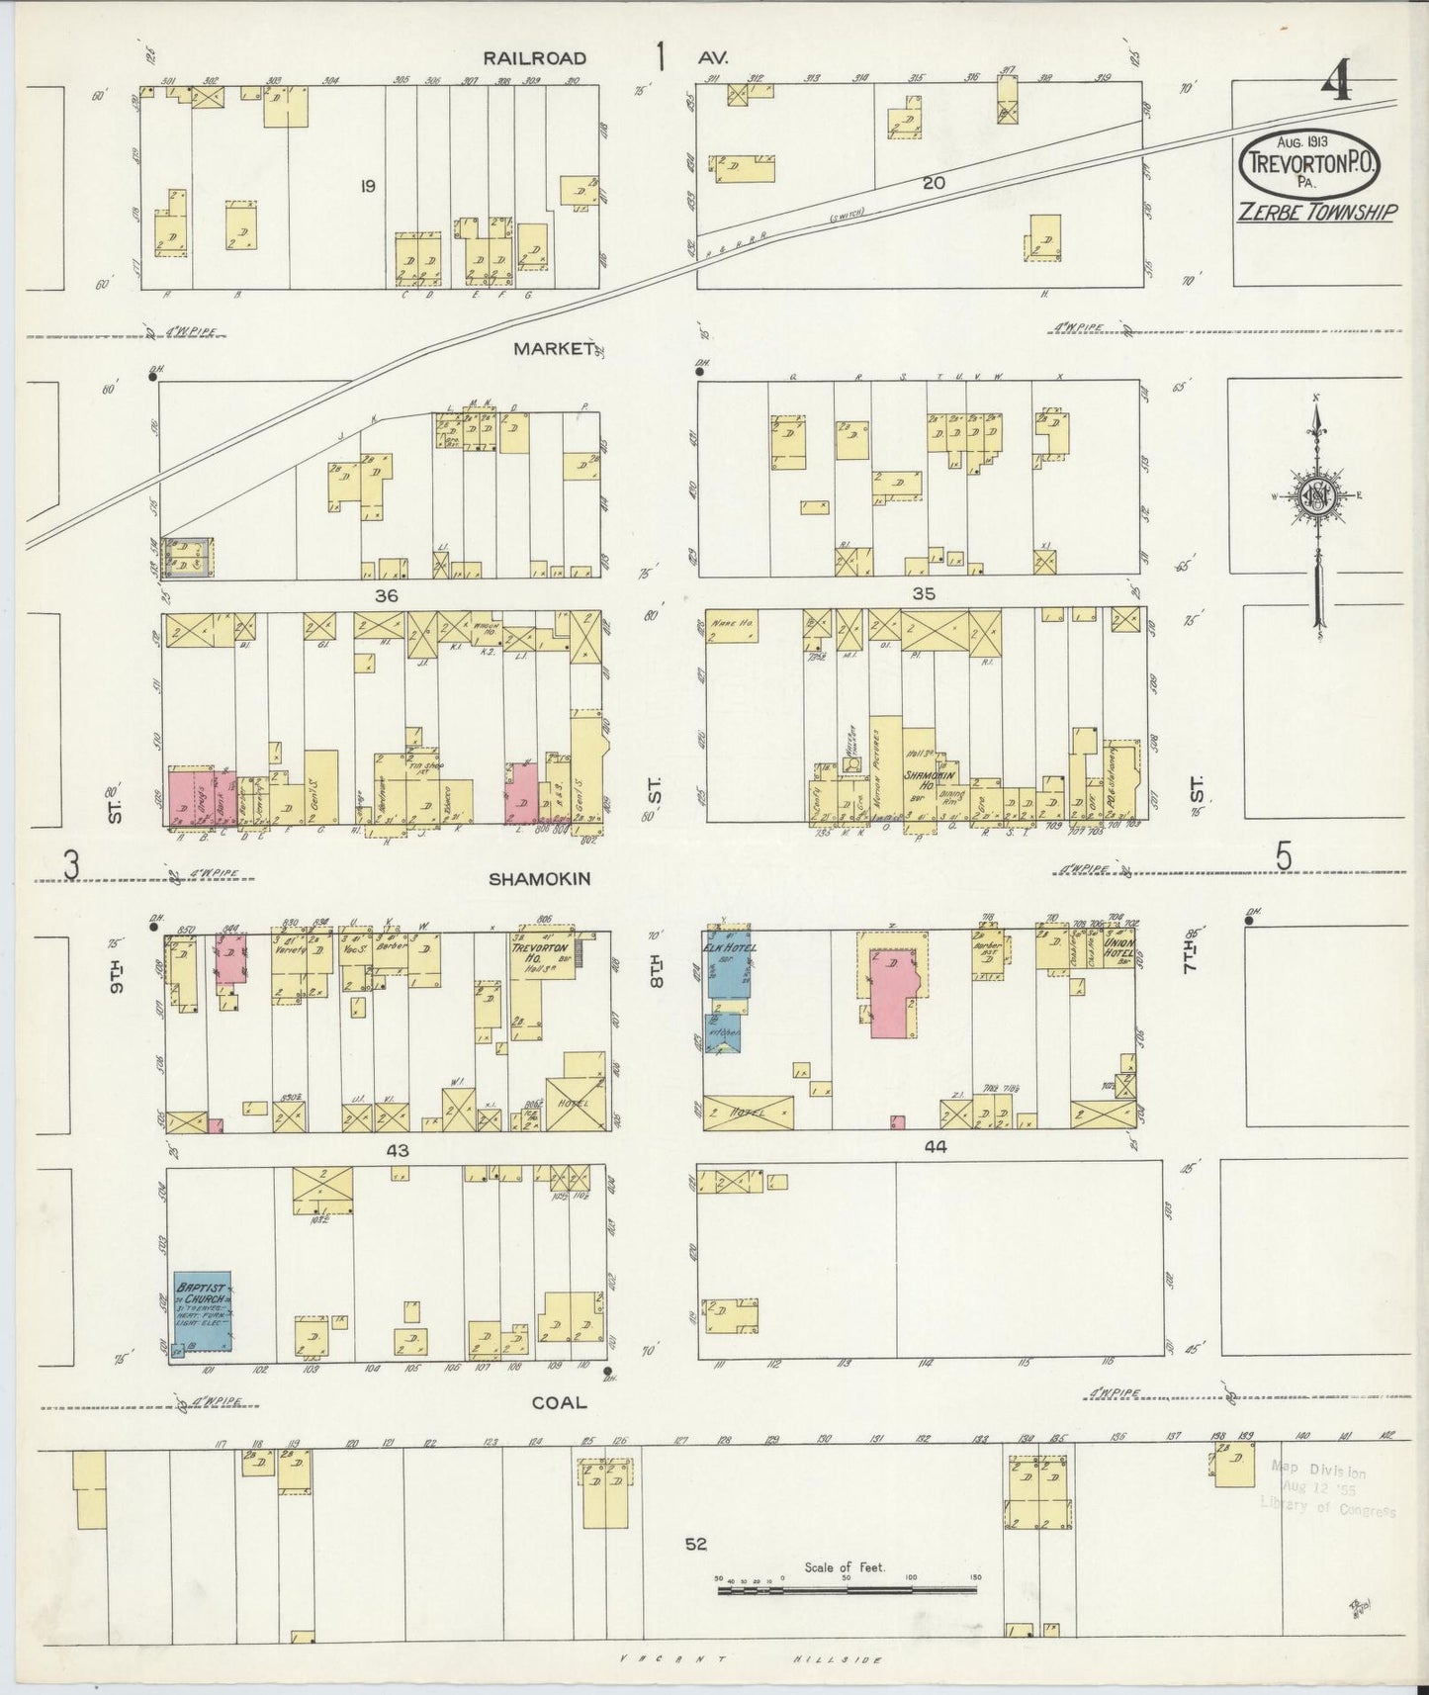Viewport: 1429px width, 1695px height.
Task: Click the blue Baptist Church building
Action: (x=203, y=1311)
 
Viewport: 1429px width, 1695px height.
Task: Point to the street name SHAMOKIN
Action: (x=540, y=878)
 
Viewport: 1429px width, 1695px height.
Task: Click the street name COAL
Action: (x=559, y=1401)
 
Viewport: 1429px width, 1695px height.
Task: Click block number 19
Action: (x=367, y=185)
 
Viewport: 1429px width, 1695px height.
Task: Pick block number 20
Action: (x=934, y=183)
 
